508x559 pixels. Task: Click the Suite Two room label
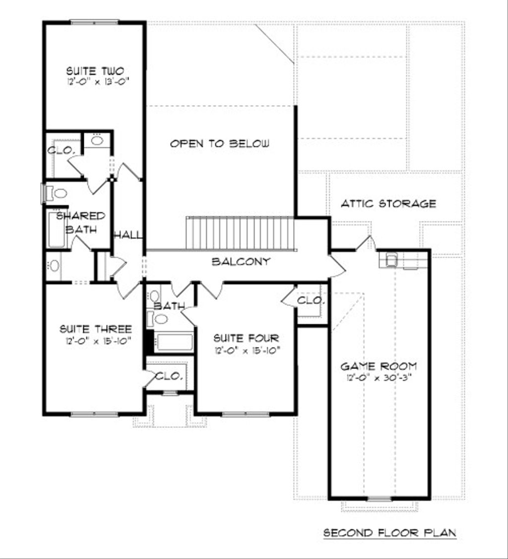(95, 71)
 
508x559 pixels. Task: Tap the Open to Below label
(220, 144)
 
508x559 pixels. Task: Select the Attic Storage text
(388, 204)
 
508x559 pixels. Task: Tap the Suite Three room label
(96, 329)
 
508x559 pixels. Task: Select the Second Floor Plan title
(389, 533)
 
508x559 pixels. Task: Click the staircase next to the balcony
(240, 233)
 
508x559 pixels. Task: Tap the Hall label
(128, 235)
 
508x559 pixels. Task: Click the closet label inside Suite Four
(311, 301)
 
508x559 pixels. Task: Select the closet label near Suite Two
(62, 150)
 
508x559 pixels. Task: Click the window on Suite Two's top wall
(94, 22)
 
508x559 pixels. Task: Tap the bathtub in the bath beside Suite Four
(173, 342)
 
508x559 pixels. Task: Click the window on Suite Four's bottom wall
(246, 414)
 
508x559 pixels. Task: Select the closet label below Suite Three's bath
(169, 376)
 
